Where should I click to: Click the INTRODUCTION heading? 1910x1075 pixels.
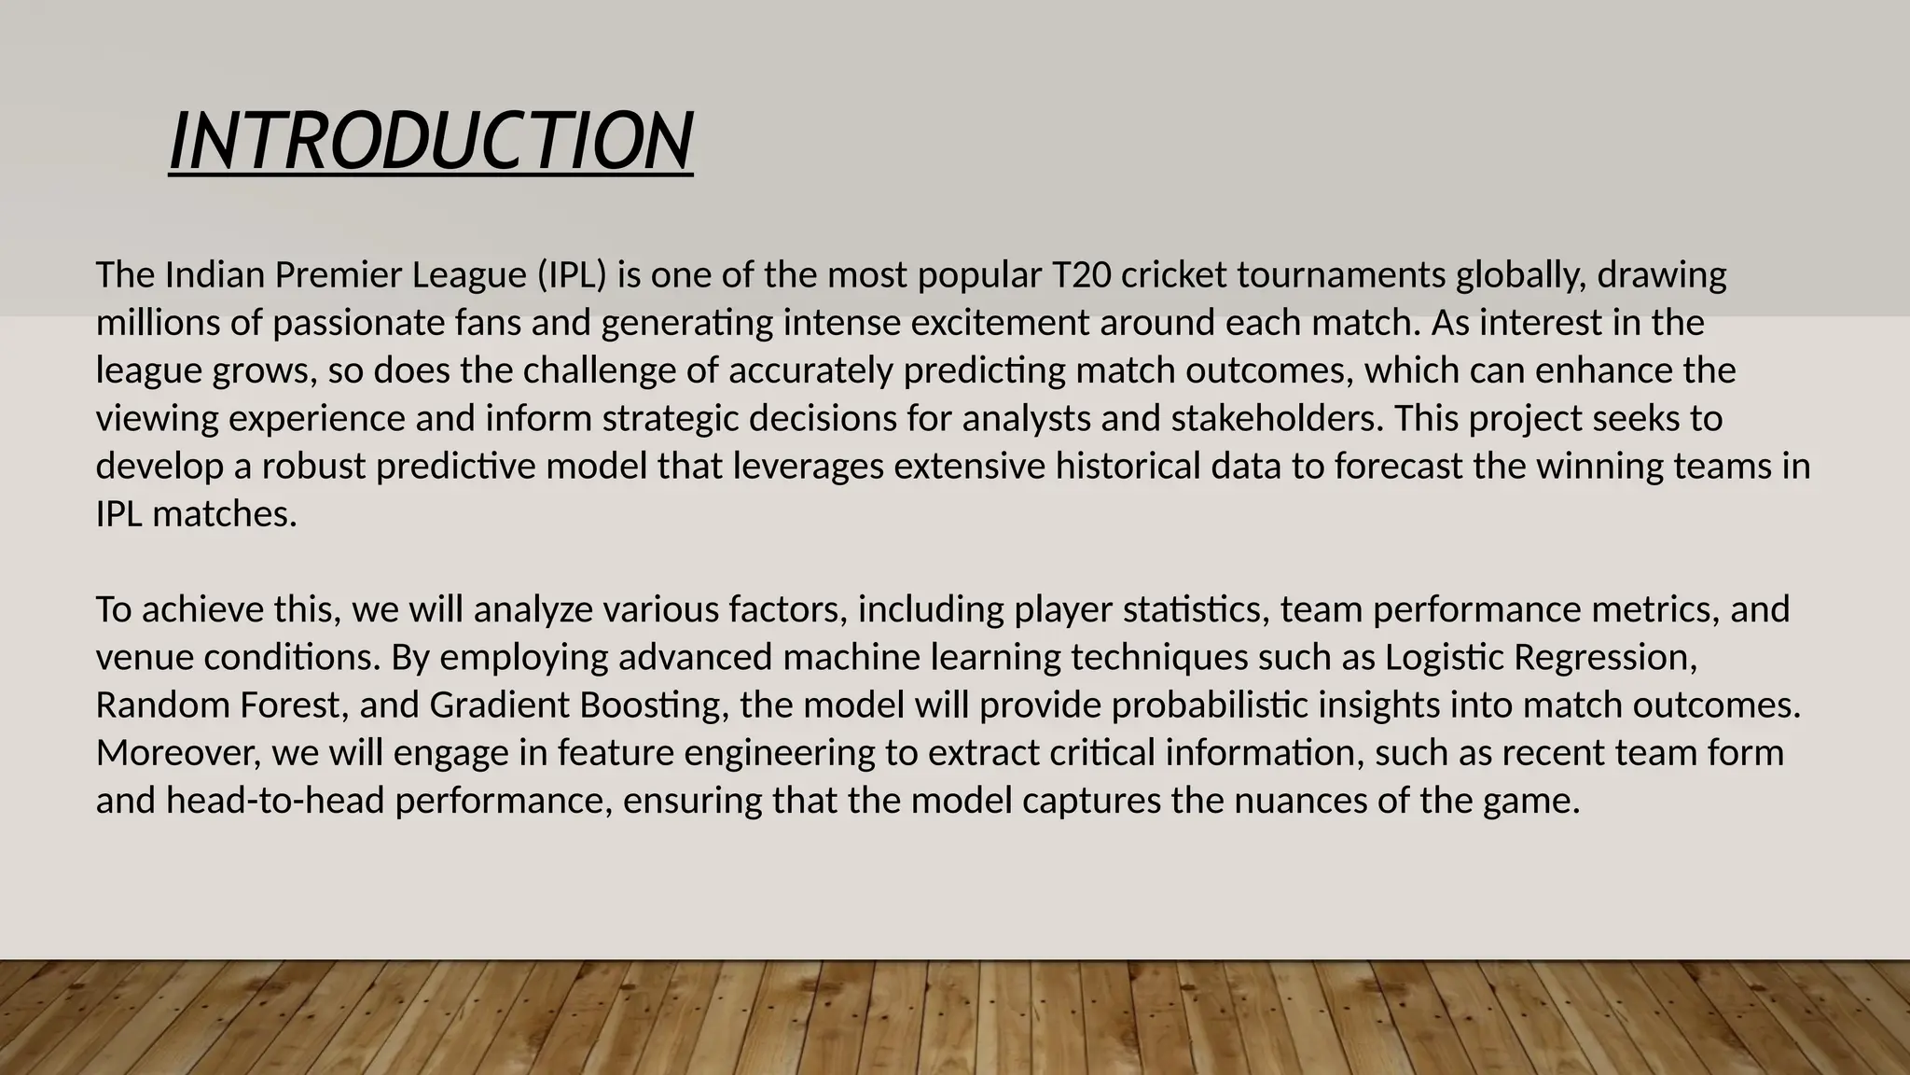click(431, 142)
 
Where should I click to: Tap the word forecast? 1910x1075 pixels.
click(1399, 467)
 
